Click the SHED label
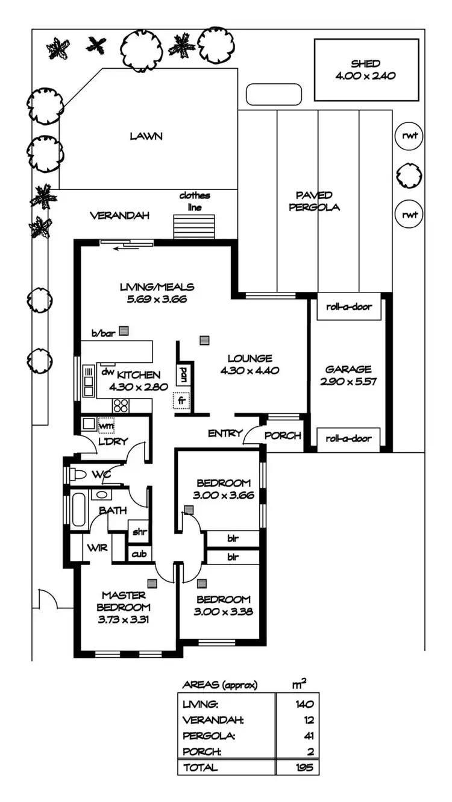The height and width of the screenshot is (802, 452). [366, 64]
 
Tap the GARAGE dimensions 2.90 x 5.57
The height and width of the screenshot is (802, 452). [348, 382]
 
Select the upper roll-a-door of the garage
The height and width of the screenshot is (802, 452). [349, 307]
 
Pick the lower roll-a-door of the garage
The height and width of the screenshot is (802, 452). [349, 439]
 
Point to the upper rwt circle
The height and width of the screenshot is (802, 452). [410, 136]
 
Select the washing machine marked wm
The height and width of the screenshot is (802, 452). [106, 425]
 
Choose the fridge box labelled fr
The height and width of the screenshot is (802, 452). [181, 400]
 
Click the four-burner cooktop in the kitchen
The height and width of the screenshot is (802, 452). [121, 405]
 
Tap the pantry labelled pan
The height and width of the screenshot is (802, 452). [181, 375]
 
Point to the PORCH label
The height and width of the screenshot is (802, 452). [283, 435]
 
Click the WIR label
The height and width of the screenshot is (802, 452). [97, 548]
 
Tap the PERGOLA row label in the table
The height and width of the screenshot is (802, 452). [202, 736]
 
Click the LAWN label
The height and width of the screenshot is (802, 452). [146, 136]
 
